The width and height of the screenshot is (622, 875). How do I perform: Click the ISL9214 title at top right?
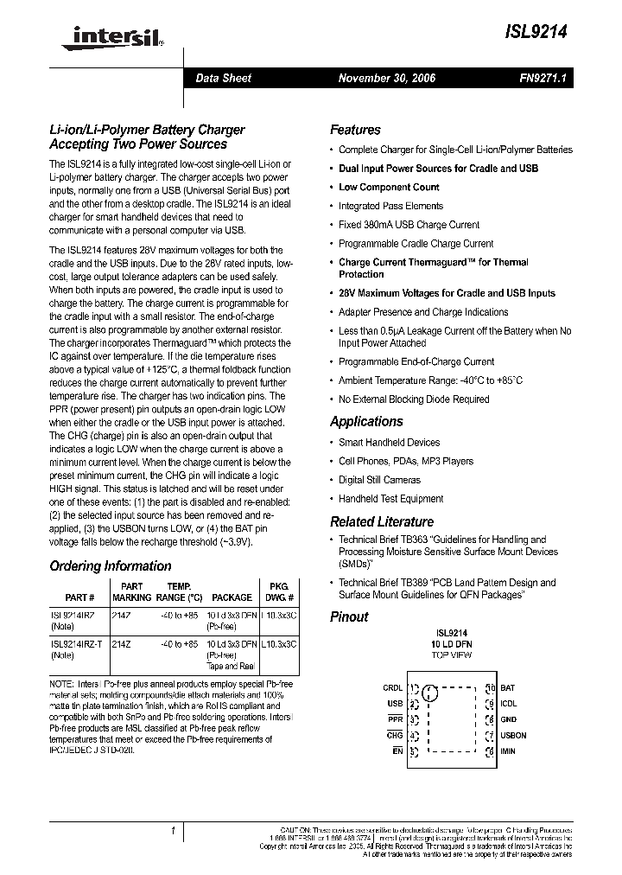pos(543,31)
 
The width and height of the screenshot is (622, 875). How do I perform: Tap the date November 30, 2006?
pos(386,78)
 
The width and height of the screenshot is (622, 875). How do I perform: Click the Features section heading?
pos(355,130)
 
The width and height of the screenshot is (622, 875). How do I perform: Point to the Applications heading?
pos(366,421)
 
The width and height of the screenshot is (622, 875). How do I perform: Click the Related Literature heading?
pos(381,521)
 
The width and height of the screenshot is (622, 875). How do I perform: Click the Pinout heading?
pos(349,616)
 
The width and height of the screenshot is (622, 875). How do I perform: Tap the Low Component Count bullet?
pos(389,187)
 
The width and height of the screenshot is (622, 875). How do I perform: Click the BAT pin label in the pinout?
pos(507,688)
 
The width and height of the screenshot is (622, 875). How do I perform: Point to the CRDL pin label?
pos(392,688)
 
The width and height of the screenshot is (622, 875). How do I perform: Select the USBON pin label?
pos(513,736)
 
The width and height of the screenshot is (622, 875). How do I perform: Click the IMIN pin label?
pos(508,751)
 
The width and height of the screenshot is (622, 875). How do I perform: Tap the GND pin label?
pos(508,719)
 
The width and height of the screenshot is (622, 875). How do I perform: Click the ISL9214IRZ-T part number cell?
pos(74,644)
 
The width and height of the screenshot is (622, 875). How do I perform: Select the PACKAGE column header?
pos(232,597)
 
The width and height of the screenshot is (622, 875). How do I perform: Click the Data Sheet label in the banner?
pos(223,78)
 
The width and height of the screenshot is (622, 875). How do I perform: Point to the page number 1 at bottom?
pos(173,831)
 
